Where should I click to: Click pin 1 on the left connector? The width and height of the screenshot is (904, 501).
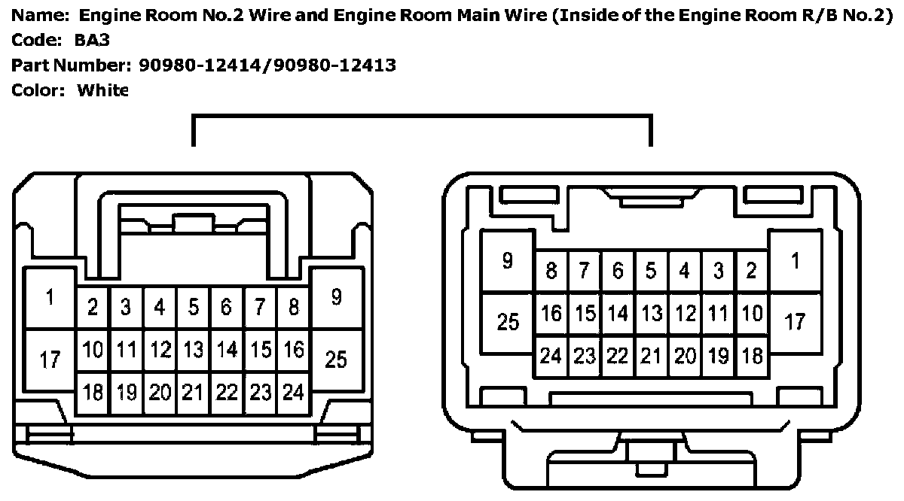(50, 298)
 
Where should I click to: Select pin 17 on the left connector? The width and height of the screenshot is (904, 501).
(50, 360)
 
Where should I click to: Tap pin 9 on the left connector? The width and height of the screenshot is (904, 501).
(336, 298)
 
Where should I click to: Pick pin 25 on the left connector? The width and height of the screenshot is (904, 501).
(336, 360)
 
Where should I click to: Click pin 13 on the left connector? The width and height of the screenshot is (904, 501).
(194, 350)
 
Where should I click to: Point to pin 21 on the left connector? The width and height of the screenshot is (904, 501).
(194, 393)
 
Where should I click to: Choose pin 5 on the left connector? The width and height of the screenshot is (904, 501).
(194, 307)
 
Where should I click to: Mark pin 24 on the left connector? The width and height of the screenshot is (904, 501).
(293, 393)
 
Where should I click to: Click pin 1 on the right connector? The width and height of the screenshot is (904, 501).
(796, 262)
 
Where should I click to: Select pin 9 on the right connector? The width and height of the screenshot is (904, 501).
(507, 262)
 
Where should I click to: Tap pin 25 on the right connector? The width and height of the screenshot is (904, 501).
(508, 323)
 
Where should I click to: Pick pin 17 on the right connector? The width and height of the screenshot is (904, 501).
(796, 323)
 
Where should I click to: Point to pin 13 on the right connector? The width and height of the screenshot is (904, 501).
(652, 313)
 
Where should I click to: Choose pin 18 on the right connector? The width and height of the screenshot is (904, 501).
(751, 356)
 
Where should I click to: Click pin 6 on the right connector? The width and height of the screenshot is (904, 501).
(618, 271)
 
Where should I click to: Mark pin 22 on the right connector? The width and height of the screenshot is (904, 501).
(618, 356)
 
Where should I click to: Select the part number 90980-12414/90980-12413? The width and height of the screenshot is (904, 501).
(267, 65)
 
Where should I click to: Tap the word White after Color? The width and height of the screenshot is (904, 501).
(103, 90)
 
